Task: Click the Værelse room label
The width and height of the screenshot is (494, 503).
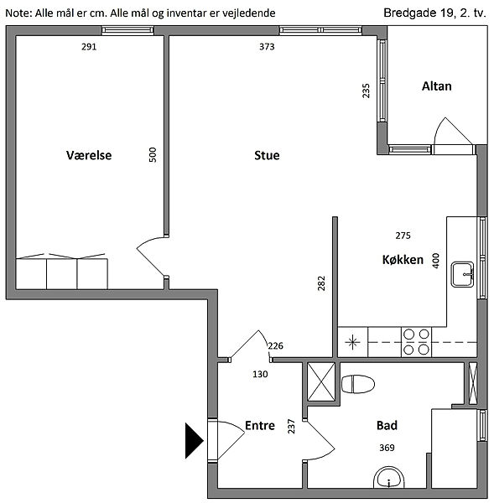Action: tap(89, 155)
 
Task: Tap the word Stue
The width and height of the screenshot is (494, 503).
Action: tap(267, 155)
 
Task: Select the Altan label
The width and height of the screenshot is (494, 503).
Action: tap(436, 86)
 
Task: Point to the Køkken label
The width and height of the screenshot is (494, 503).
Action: tap(403, 260)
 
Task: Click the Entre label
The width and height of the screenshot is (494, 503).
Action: tap(260, 425)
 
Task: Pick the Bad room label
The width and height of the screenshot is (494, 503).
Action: tap(387, 425)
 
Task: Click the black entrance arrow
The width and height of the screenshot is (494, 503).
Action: tap(195, 440)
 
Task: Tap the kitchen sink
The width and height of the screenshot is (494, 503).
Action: tap(462, 274)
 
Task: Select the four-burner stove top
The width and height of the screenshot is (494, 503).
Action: tap(416, 342)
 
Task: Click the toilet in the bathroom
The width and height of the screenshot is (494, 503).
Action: tap(358, 384)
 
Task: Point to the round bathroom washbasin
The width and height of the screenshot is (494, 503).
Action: tap(389, 478)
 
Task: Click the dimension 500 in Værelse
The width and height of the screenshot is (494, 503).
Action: tap(153, 154)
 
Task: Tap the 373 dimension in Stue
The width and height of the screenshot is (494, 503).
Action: tap(267, 47)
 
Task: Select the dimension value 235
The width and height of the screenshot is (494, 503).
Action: tap(366, 91)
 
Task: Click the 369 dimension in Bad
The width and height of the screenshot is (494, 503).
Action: tap(387, 448)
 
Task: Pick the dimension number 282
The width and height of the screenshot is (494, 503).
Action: tap(321, 283)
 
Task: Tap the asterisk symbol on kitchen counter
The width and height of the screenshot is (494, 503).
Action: tap(352, 342)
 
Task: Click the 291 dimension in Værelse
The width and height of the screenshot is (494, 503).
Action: tap(89, 47)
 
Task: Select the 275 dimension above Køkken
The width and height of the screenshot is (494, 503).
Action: tap(403, 236)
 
